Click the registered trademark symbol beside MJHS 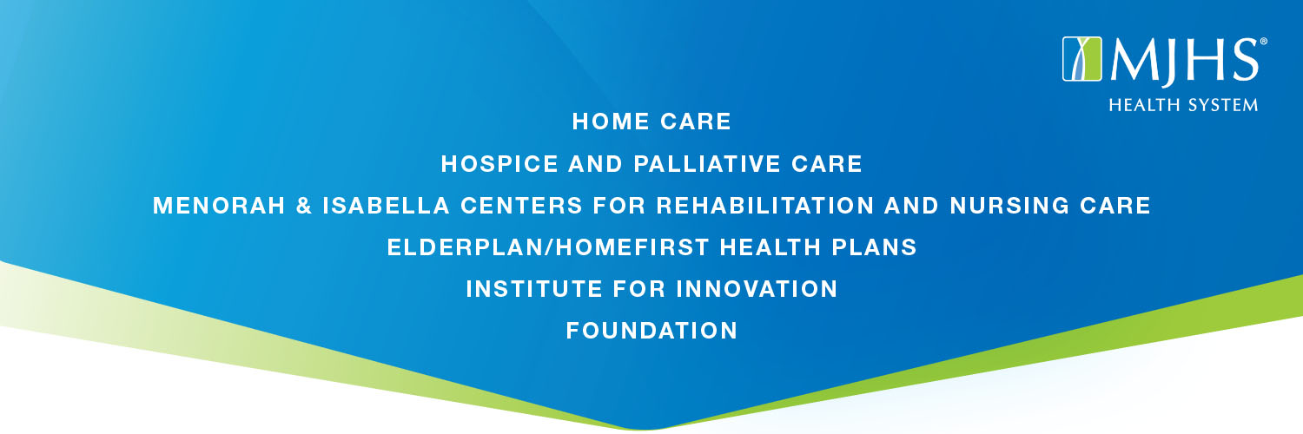click(1263, 42)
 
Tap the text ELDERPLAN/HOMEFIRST click(548, 247)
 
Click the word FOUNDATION click(651, 331)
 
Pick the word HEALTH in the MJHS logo click(1141, 105)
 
